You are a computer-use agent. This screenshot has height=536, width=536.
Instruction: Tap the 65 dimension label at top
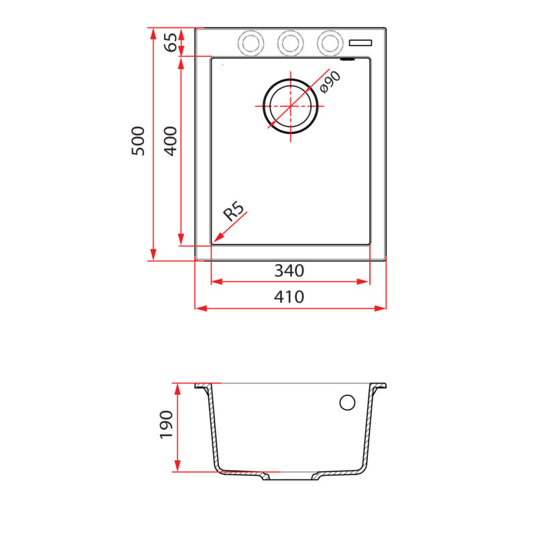click(x=172, y=42)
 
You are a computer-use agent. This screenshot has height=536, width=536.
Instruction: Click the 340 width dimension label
click(x=289, y=271)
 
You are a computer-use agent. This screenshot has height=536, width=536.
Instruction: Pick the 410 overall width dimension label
click(x=289, y=297)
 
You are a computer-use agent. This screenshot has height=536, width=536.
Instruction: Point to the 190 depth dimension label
click(x=166, y=425)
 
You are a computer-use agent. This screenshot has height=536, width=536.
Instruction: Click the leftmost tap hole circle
click(x=251, y=43)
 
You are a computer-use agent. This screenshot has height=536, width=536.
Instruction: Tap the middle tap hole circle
click(x=290, y=43)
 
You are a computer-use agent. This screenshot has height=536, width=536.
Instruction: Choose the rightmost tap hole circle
click(x=329, y=43)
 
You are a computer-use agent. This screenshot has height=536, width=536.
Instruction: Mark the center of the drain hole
click(x=291, y=107)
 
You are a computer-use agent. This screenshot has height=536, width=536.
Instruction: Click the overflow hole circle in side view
click(x=347, y=402)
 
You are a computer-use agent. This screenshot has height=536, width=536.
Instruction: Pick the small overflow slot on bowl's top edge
click(x=348, y=60)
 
